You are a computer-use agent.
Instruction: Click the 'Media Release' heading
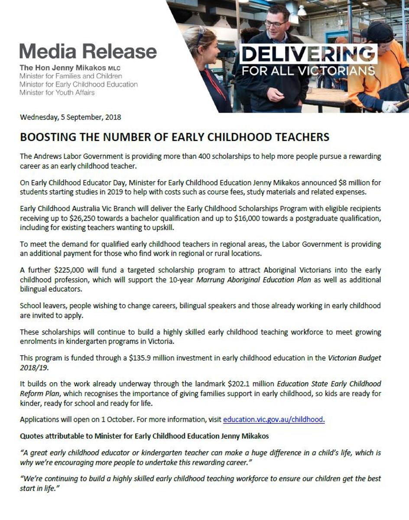coord(88,51)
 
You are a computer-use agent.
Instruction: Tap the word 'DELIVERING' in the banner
coord(308,54)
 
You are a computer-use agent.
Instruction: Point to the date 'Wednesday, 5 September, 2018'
coord(71,117)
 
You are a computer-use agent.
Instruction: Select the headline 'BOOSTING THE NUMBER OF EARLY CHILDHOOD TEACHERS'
coord(175,137)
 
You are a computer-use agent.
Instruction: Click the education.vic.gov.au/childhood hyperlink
coord(274,419)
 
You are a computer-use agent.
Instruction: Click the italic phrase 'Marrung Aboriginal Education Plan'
coord(253,279)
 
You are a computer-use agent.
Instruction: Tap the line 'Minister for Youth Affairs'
coord(57,92)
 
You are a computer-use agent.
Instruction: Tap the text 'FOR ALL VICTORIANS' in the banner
coord(308,70)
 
